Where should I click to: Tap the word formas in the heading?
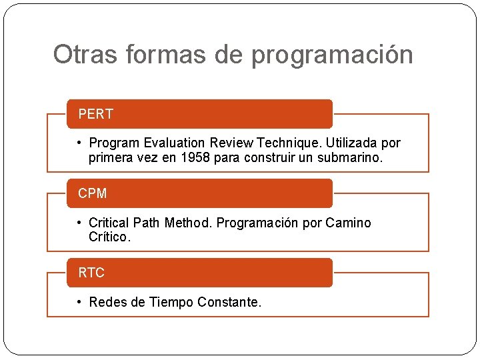[x=160, y=55]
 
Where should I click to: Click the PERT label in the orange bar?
[x=95, y=114]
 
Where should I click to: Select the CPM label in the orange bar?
[x=92, y=193]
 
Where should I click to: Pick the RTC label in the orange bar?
[x=91, y=273]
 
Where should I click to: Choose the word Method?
[x=187, y=223]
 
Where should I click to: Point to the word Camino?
[x=348, y=223]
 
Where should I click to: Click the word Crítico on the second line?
[x=110, y=237]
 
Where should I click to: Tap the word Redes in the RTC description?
[x=108, y=302]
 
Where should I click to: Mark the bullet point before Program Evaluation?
[x=79, y=143]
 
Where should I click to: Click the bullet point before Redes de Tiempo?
[x=79, y=302]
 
